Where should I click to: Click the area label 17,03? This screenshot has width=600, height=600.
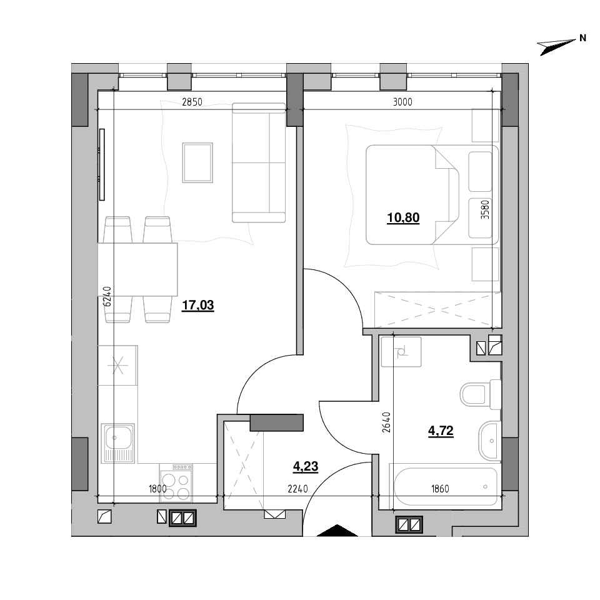[x=198, y=306]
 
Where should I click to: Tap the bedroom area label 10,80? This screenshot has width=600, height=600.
[x=403, y=217]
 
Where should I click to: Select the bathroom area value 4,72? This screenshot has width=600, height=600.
[x=441, y=431]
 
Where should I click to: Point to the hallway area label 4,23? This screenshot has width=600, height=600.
[x=306, y=466]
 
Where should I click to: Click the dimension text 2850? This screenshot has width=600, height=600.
[x=192, y=102]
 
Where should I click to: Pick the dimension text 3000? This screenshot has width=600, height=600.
[x=402, y=102]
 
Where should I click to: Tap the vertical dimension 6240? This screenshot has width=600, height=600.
[x=107, y=296]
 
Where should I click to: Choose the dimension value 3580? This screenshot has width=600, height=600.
[x=485, y=209]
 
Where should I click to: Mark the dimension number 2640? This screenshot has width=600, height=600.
[x=386, y=422]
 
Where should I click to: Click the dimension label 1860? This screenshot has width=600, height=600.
[x=440, y=489]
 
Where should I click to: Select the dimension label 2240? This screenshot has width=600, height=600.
[x=297, y=489]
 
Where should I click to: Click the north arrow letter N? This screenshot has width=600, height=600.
[x=582, y=38]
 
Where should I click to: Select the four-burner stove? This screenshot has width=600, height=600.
[x=176, y=483]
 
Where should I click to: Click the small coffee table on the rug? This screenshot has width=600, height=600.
[x=197, y=162]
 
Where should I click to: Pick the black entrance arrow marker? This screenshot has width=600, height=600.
[x=337, y=531]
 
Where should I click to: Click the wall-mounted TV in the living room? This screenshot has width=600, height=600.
[x=102, y=164]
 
